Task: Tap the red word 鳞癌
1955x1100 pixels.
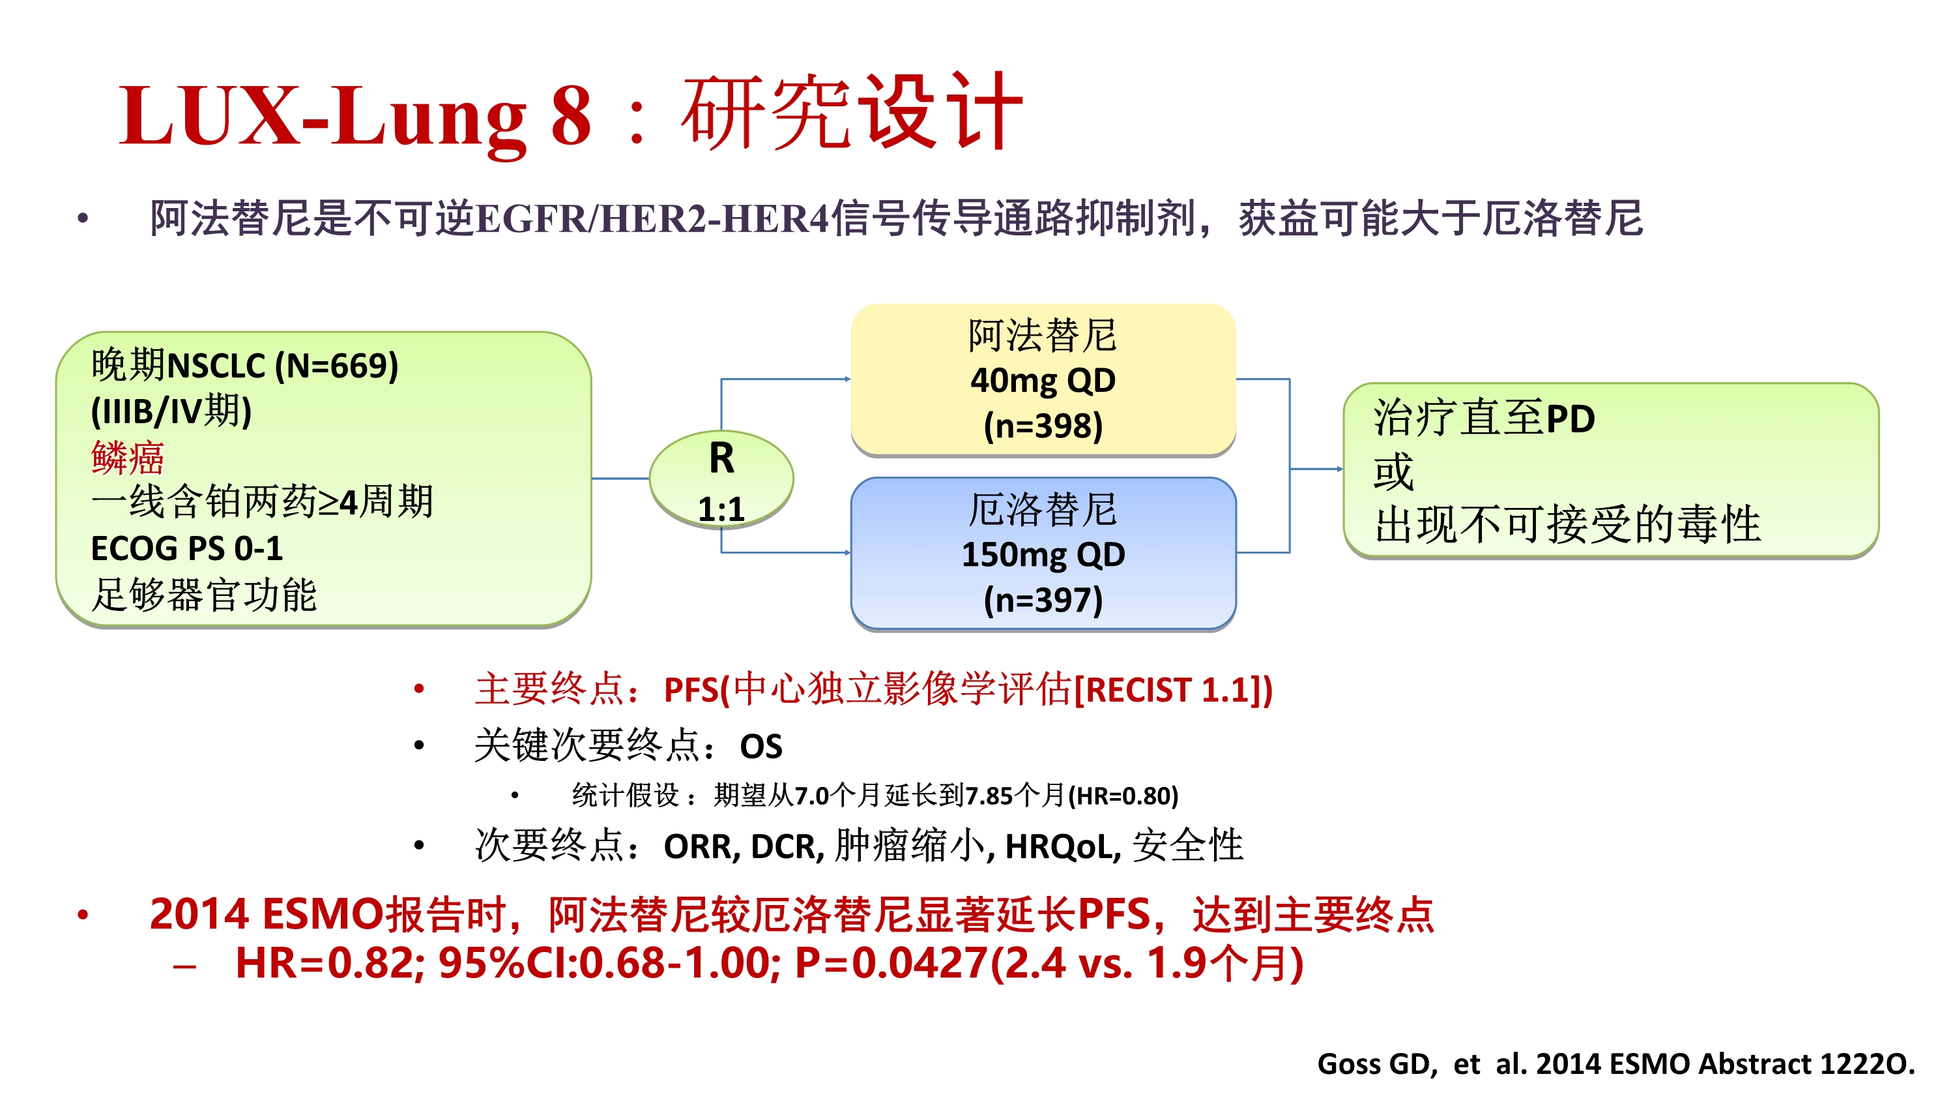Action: (x=128, y=457)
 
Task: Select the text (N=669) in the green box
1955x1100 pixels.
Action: (x=336, y=366)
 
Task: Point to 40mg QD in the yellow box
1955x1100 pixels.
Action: (x=1043, y=380)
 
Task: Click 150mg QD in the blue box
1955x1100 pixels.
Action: (x=1043, y=554)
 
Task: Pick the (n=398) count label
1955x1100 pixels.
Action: (x=1043, y=426)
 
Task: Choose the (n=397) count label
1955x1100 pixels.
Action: (x=1043, y=600)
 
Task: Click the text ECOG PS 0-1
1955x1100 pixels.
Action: (x=186, y=548)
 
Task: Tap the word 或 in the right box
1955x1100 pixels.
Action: (x=1393, y=471)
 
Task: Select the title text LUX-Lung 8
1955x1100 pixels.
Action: (x=355, y=115)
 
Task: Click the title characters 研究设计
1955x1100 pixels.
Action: (x=852, y=112)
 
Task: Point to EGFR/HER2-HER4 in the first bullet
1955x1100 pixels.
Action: (x=654, y=218)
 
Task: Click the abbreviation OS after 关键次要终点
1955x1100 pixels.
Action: (x=760, y=746)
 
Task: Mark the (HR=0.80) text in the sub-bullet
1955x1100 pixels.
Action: (x=1123, y=795)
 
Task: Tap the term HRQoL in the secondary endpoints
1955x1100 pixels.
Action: (x=1062, y=846)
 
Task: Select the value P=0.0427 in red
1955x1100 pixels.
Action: (x=891, y=962)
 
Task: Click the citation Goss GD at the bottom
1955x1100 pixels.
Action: (x=1377, y=1063)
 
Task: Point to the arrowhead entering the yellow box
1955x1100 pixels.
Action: (x=847, y=379)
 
